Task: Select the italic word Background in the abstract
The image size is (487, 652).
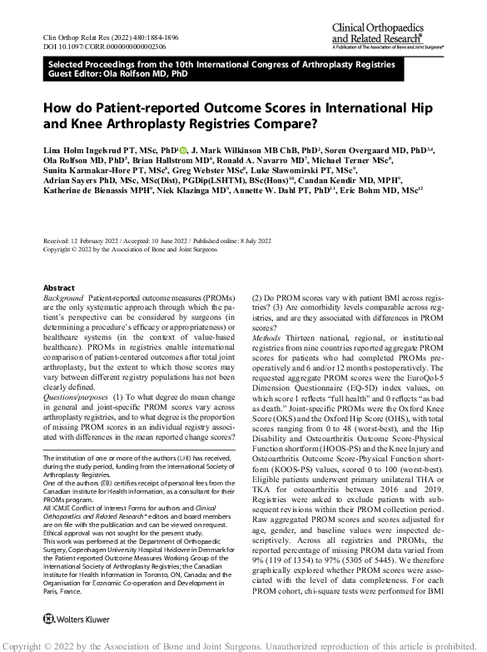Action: [x=62, y=297]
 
